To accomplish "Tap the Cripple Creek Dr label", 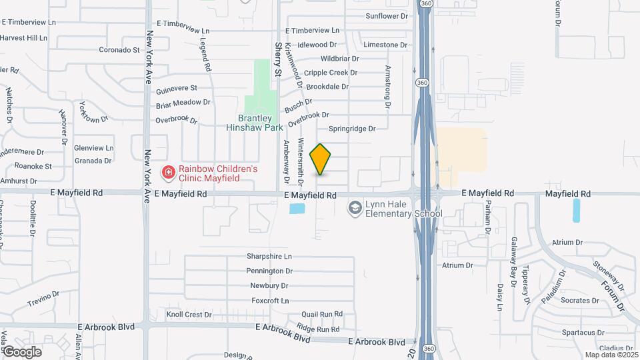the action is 326,73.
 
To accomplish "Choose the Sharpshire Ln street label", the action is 269,256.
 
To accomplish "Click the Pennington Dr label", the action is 269,271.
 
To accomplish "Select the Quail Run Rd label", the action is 321,313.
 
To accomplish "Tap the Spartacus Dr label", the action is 584,332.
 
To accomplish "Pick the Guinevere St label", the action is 176,88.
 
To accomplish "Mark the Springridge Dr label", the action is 352,128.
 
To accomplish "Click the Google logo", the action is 22,352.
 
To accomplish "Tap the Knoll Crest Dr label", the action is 189,315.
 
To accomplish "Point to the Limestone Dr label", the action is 385,45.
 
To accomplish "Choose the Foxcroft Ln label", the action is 270,301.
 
